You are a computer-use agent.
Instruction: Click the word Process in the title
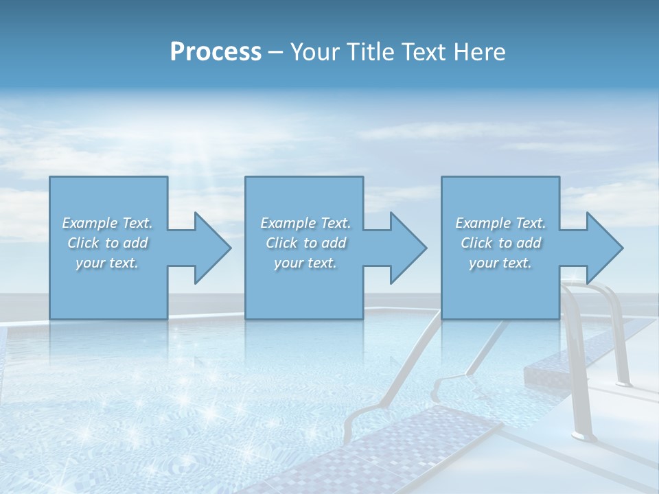coord(216,51)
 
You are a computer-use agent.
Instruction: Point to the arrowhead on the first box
coord(209,248)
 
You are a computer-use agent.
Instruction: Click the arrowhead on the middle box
coord(405,248)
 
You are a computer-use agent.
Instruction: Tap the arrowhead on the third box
coord(601,248)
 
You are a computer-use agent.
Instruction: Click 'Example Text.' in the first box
coord(107,223)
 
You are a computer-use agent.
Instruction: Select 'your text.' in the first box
coord(107,263)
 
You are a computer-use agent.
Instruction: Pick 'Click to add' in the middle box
coord(305,243)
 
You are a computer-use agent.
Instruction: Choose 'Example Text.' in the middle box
coord(305,223)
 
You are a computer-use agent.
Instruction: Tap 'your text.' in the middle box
coord(305,263)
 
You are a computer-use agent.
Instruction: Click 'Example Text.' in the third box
coord(500,223)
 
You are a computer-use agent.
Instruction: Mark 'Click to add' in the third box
coord(500,243)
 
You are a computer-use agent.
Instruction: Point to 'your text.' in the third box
coord(500,263)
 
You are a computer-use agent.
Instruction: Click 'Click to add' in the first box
coord(107,243)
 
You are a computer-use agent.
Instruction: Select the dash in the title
coord(276,52)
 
